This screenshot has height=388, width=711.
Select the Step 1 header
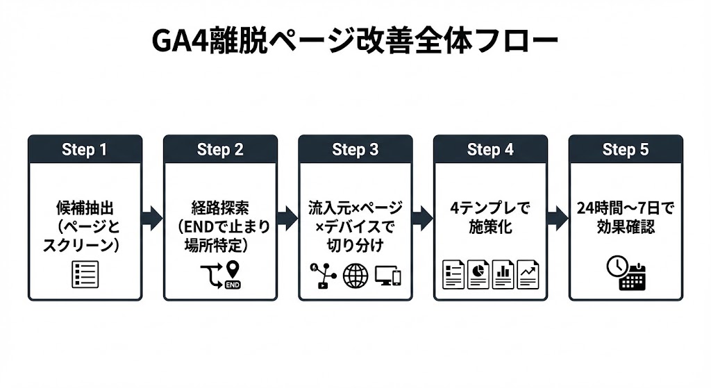85,150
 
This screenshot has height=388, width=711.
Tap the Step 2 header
220,150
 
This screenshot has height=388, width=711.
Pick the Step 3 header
355,150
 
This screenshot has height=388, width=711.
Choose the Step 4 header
490,150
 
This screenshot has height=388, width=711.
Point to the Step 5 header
625,150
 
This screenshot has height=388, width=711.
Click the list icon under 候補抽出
85,275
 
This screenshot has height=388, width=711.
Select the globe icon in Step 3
355,276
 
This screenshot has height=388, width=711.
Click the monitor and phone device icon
387,276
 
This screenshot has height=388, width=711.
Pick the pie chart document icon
478,275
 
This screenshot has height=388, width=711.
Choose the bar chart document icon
503,275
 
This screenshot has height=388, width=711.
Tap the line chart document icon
527,275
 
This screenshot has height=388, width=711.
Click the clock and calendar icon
625,273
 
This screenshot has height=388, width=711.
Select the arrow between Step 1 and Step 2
152,218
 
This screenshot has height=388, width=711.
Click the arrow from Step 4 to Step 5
558,218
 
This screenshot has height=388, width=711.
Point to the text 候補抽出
85,208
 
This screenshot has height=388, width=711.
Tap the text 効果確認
625,226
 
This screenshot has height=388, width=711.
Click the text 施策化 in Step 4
490,226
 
